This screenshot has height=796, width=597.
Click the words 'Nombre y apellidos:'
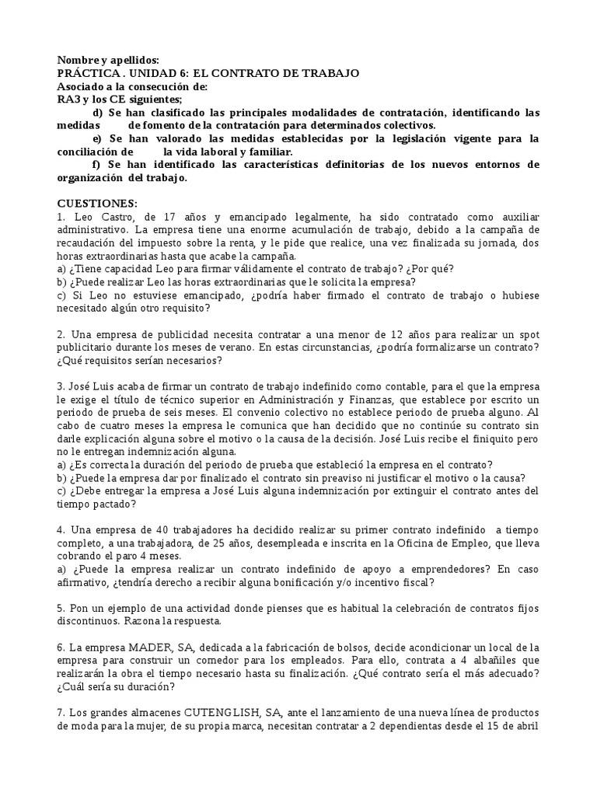pos(108,60)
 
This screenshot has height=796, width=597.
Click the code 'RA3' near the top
pos(69,99)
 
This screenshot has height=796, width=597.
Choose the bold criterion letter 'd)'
pos(97,113)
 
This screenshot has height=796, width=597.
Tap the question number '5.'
pos(61,607)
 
